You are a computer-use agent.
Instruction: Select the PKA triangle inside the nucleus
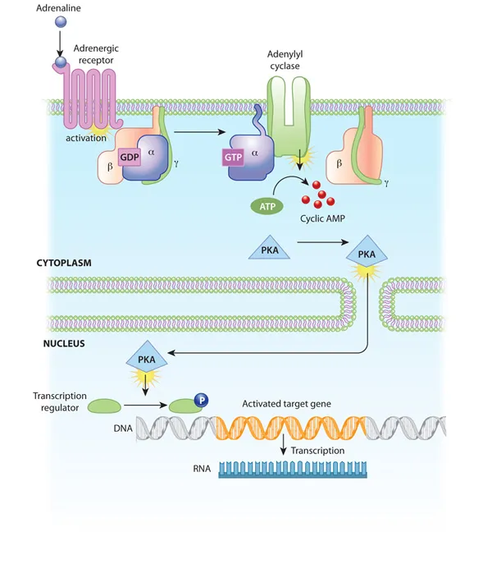click(147, 358)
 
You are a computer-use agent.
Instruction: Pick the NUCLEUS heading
click(64, 343)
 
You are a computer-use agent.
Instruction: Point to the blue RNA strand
click(294, 470)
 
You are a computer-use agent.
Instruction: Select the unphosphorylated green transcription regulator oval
click(104, 406)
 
